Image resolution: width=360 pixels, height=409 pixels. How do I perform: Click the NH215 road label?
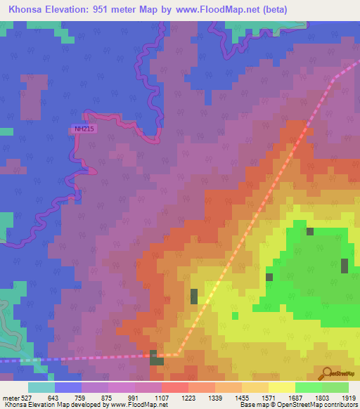click(x=83, y=129)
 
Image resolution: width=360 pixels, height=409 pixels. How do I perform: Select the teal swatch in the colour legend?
click(x=41, y=387)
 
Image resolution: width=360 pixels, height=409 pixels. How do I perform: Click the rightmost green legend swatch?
click(x=335, y=387)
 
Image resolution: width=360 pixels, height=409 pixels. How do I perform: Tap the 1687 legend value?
click(x=295, y=398)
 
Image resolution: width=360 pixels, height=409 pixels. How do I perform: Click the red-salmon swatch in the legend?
click(x=175, y=387)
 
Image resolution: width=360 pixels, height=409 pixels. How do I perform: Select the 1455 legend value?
click(x=242, y=398)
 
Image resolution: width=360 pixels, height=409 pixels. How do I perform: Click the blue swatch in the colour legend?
click(x=68, y=387)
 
